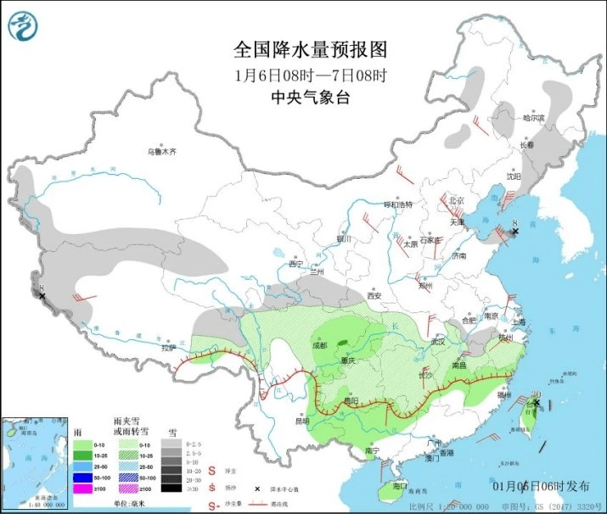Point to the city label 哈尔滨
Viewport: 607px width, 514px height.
pyautogui.click(x=535, y=118)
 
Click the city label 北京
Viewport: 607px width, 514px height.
pyautogui.click(x=457, y=200)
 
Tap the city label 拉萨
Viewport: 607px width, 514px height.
pyautogui.click(x=168, y=347)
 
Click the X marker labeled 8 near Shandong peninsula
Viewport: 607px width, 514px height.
pyautogui.click(x=514, y=231)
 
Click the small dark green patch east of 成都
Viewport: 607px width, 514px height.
pyautogui.click(x=343, y=343)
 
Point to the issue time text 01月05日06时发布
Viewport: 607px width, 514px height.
pyautogui.click(x=542, y=485)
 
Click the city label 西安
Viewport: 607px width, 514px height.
pyautogui.click(x=374, y=295)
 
